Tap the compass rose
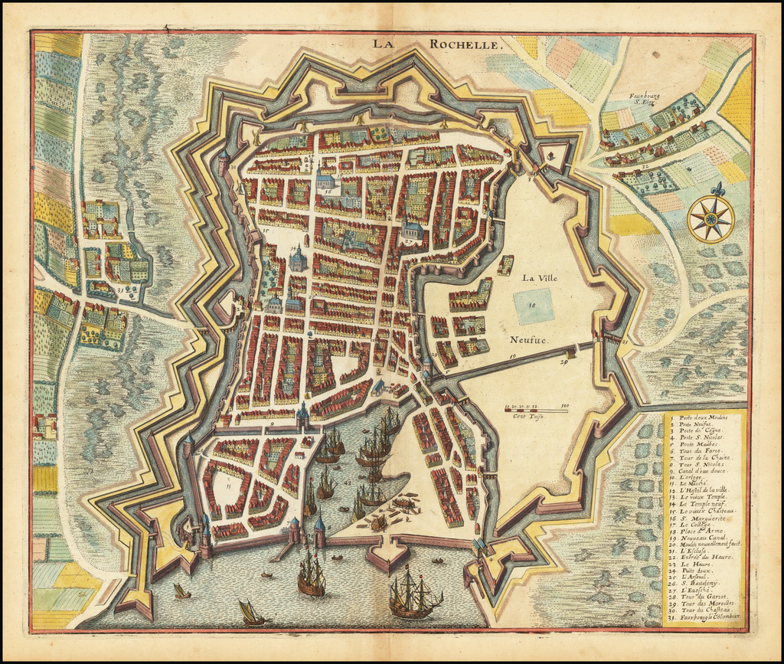point(710,218)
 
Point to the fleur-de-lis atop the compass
point(717,188)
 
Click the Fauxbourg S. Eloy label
point(644,99)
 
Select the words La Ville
point(540,278)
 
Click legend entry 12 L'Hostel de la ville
point(703,489)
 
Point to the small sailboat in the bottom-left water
point(249,613)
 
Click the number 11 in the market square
point(228,485)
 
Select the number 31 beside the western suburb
point(120,289)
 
